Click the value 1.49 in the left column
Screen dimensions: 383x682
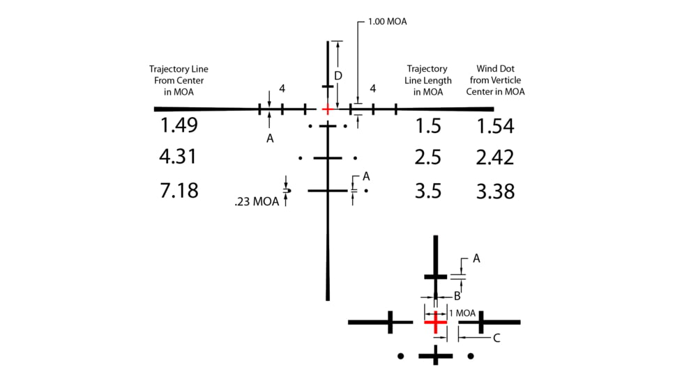click(179, 126)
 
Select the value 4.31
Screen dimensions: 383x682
click(179, 157)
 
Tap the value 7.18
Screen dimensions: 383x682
click(179, 189)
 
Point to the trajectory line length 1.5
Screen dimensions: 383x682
click(427, 126)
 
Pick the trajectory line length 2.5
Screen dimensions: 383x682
click(427, 157)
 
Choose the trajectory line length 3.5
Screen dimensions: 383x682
click(427, 189)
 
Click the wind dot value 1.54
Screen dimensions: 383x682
click(495, 126)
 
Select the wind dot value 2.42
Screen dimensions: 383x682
click(495, 157)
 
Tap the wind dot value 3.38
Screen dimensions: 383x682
click(495, 189)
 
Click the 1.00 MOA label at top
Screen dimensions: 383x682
click(387, 22)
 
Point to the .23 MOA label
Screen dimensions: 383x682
click(257, 203)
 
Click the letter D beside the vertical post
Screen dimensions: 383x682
click(338, 75)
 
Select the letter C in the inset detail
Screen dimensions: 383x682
click(497, 338)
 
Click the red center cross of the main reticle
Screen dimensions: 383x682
click(327, 109)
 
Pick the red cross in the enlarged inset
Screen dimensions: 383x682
click(435, 322)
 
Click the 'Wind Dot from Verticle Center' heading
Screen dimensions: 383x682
click(500, 80)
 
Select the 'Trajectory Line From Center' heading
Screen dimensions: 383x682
click(179, 80)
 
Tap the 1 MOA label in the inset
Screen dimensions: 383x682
click(462, 313)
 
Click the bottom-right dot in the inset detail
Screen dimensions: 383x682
click(471, 357)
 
